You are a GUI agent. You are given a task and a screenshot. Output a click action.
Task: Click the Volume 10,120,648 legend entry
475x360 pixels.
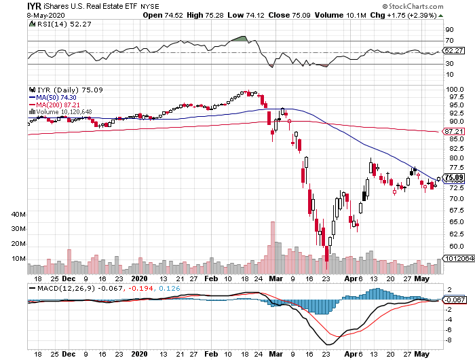click(62, 111)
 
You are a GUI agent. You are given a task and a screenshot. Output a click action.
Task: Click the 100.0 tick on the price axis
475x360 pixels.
click(454, 90)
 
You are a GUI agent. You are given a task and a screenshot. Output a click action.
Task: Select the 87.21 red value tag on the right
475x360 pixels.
click(453, 130)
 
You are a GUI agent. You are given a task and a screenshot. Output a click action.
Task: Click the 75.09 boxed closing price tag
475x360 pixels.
click(453, 178)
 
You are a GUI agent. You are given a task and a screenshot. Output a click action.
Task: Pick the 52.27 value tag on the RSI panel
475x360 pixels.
click(453, 50)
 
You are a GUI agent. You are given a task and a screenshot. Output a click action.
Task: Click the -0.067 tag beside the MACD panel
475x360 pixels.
click(454, 300)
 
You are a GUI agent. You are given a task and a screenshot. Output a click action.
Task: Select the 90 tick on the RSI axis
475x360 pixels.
click(449, 30)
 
